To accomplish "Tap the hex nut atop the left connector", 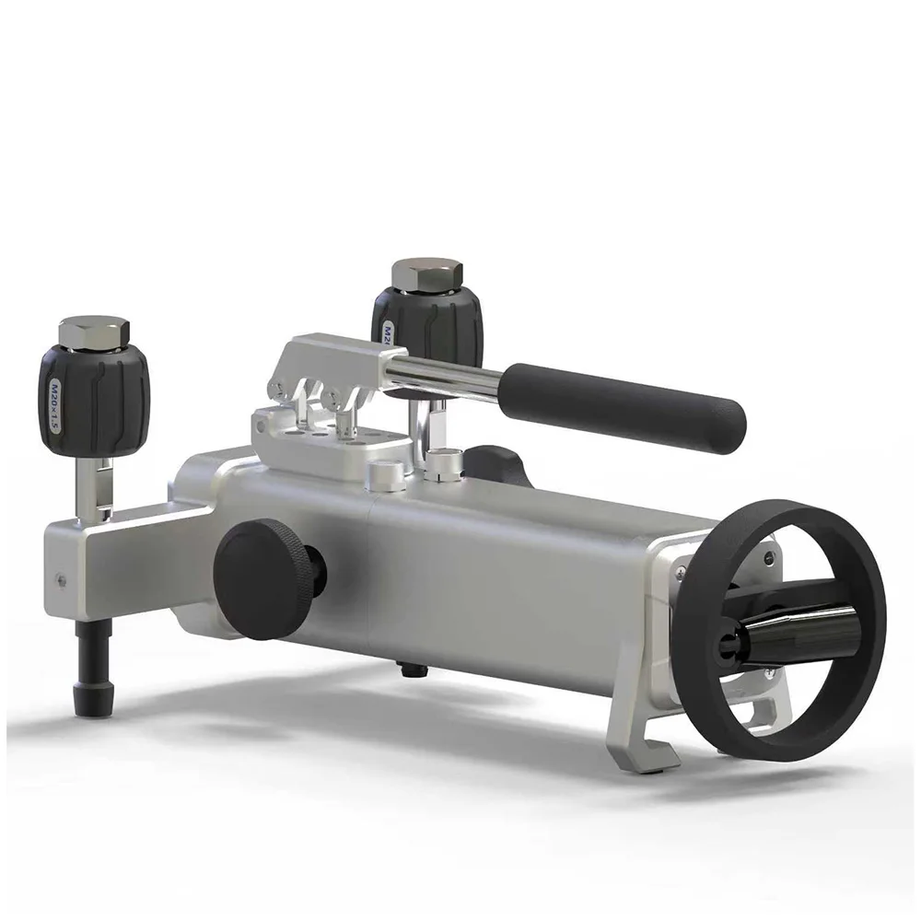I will tap(94, 332).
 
